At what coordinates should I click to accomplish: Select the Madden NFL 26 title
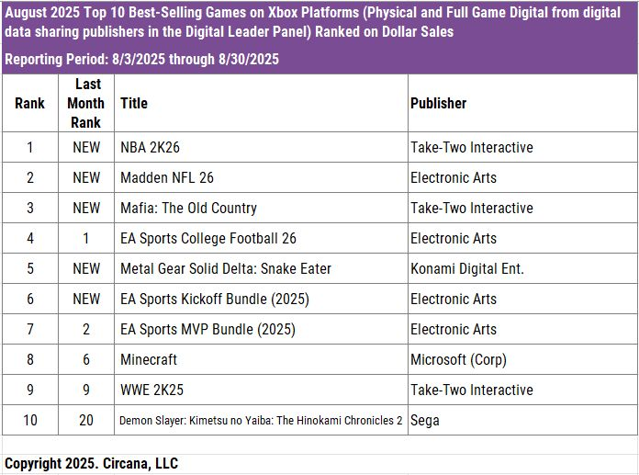(167, 177)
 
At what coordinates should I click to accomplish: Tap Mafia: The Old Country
(188, 208)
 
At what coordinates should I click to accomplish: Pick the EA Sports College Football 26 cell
(208, 238)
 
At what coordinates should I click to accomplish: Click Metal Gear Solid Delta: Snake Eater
(226, 268)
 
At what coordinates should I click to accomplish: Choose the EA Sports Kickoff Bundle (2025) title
(215, 299)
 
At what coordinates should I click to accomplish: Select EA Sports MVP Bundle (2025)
(206, 329)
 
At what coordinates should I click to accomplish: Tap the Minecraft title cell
(149, 359)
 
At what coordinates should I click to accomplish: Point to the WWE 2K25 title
(151, 390)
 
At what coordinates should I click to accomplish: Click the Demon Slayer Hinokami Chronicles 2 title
(261, 420)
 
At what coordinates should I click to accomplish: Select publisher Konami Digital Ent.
(467, 268)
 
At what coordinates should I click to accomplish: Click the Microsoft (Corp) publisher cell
(458, 359)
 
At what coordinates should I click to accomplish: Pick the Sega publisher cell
(424, 420)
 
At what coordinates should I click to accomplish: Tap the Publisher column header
(438, 103)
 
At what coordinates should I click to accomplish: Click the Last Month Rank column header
(86, 103)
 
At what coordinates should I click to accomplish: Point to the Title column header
(133, 103)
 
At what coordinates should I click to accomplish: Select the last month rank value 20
(86, 420)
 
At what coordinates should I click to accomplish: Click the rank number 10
(30, 420)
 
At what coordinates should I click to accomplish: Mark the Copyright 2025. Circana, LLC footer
(91, 463)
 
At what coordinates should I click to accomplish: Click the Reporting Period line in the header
(141, 59)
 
